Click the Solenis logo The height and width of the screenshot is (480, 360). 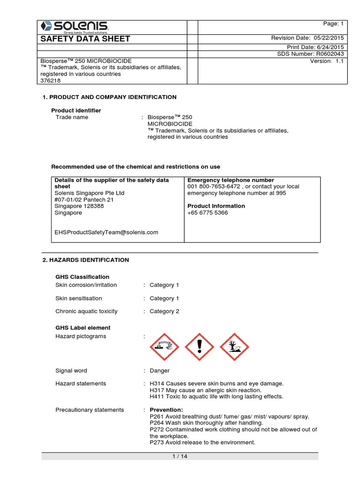coord(75,26)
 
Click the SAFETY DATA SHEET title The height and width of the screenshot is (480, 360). coord(86,38)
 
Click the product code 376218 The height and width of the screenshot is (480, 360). coord(48,80)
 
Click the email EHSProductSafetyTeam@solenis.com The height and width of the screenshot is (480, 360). coord(106,232)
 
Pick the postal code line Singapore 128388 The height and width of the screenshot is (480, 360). coord(79,206)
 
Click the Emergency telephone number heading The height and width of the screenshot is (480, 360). coord(231,180)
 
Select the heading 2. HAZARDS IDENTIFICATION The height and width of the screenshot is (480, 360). coord(86,260)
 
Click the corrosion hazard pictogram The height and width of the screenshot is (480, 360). coord(164,347)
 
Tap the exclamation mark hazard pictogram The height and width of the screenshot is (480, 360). coord(200,347)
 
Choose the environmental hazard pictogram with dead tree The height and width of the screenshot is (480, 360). coord(234,347)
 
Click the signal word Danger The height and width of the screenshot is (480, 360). coord(159,370)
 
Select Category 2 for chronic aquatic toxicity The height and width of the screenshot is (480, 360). coord(164,311)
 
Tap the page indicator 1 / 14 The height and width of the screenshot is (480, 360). coord(180,456)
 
